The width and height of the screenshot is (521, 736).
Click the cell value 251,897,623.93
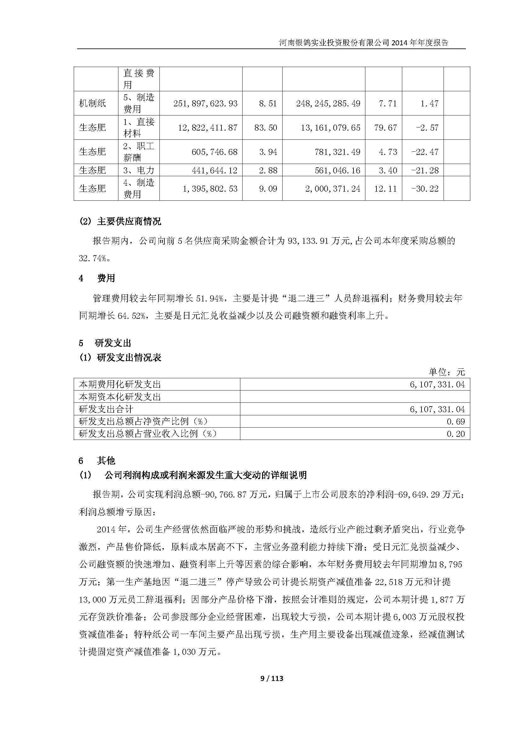pyautogui.click(x=205, y=104)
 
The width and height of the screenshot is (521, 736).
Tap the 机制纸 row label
pyautogui.click(x=92, y=104)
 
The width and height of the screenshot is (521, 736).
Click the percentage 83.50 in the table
pyautogui.click(x=266, y=127)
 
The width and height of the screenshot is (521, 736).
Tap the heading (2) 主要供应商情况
pyautogui.click(x=120, y=221)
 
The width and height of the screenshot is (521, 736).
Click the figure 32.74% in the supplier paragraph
pyautogui.click(x=94, y=258)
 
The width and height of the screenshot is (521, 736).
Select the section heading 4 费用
pyautogui.click(x=97, y=278)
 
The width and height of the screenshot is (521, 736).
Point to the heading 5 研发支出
pyautogui.click(x=105, y=343)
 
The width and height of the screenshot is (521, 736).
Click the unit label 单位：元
pyautogui.click(x=447, y=372)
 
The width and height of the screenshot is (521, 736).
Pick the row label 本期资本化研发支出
pyautogui.click(x=120, y=397)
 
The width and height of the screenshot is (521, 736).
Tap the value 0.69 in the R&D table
pyautogui.click(x=455, y=422)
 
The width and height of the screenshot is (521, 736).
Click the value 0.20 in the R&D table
pyautogui.click(x=455, y=434)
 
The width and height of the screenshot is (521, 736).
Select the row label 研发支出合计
pyautogui.click(x=106, y=409)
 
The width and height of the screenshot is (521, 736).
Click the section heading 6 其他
pyautogui.click(x=97, y=461)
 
